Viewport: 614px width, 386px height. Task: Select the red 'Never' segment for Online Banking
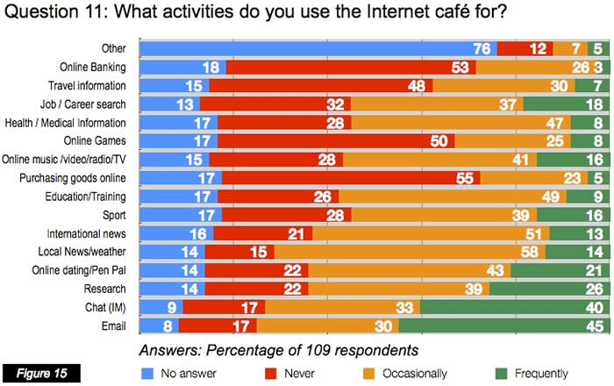tap(351, 68)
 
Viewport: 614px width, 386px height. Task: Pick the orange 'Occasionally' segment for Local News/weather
tap(413, 252)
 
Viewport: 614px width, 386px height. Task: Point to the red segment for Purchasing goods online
tap(351, 177)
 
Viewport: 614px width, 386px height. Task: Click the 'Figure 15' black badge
tap(41, 372)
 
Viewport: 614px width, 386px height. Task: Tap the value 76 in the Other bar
tap(482, 49)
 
